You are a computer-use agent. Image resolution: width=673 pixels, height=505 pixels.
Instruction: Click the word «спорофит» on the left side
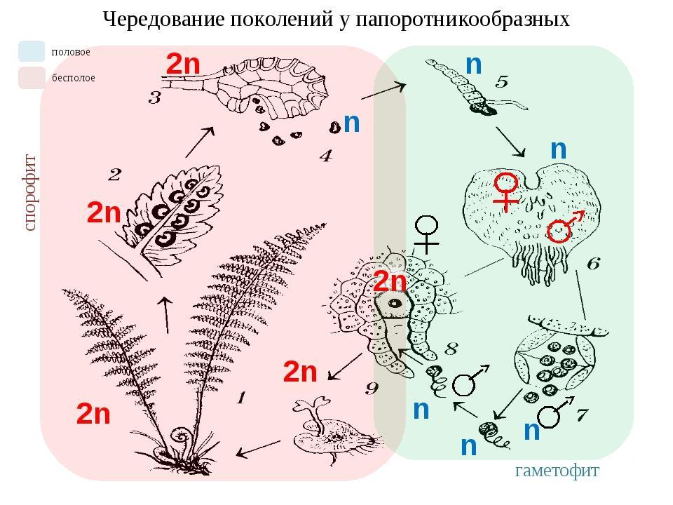coord(30,193)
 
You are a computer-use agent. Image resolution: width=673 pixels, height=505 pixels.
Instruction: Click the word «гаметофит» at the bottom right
coord(557,471)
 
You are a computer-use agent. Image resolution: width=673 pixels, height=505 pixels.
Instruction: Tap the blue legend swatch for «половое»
coord(32,51)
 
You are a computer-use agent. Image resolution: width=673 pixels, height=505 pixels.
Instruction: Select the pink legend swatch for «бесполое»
coord(32,78)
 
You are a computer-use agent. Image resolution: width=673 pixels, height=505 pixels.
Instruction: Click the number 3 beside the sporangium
coord(154,98)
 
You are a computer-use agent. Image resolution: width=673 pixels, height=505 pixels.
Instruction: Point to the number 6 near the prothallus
coord(593,263)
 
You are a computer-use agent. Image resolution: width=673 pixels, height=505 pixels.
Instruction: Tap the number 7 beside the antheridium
coord(581,415)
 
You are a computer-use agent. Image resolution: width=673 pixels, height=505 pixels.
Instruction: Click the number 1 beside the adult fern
coord(241,398)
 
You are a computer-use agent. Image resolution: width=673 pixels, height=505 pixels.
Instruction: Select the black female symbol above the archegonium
coord(426,234)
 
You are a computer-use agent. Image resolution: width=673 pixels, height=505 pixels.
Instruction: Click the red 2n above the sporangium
coord(183,65)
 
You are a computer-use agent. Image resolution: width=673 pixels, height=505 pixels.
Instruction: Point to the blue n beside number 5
coord(474,65)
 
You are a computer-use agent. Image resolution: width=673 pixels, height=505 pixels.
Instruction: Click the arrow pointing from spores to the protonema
coord(383,91)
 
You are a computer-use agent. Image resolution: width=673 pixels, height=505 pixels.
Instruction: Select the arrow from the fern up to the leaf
coord(165,314)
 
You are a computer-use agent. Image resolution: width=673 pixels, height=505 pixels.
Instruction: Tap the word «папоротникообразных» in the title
coord(463,20)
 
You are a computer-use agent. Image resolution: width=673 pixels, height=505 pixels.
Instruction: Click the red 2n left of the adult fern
coord(93,414)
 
